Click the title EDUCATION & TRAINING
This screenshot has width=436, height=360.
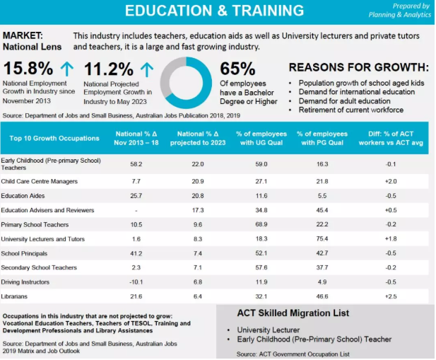(214, 11)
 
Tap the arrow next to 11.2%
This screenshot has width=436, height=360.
(146, 69)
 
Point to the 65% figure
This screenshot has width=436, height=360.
(237, 69)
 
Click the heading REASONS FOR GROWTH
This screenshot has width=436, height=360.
(358, 67)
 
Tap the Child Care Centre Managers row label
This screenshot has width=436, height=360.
(40, 181)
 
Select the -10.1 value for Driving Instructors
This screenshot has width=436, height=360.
(136, 281)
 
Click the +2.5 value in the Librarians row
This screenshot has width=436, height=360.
(390, 296)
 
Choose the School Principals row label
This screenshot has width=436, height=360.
(25, 253)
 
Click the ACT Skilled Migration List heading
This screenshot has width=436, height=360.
(293, 313)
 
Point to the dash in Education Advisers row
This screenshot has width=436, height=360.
(136, 210)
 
